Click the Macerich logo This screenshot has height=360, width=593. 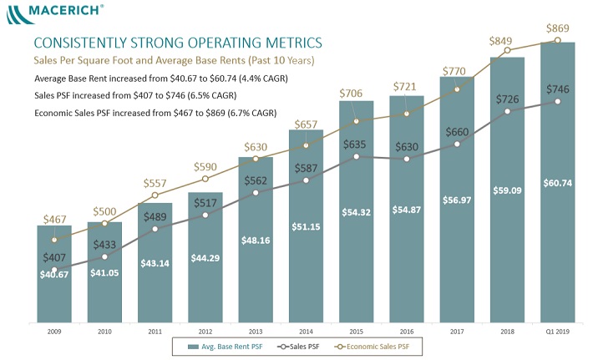click(55, 14)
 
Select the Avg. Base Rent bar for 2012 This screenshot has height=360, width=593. click(205, 257)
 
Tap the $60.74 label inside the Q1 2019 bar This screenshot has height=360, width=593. click(557, 184)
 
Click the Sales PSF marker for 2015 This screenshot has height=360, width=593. click(357, 156)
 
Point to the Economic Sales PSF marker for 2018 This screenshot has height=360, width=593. click(508, 50)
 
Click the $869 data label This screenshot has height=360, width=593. click(557, 28)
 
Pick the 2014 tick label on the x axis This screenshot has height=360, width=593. click(306, 332)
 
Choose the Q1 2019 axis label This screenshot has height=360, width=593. click(557, 332)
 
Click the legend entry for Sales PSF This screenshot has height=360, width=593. click(298, 347)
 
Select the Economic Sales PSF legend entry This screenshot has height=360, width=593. click(373, 347)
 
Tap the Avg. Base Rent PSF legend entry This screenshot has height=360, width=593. click(226, 347)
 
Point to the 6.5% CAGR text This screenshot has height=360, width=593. click(212, 95)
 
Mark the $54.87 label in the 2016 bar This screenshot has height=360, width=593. click(407, 210)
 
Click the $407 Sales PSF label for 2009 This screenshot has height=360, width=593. click(54, 257)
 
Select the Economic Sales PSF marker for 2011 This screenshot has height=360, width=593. click(155, 195)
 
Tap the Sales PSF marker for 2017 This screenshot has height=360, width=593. click(457, 144)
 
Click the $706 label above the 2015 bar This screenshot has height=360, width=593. click(351, 94)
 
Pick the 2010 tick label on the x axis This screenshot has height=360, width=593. click(104, 332)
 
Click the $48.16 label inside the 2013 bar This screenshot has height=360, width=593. click(256, 241)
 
